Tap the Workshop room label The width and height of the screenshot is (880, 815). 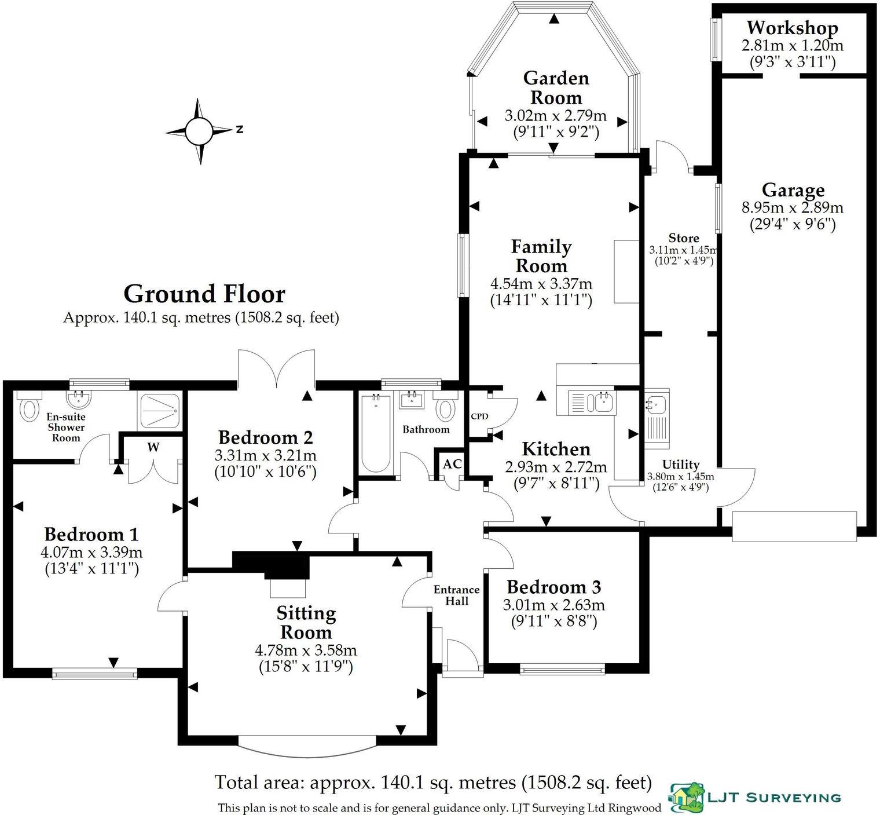click(x=792, y=28)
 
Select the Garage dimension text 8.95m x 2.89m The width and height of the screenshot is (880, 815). click(x=792, y=207)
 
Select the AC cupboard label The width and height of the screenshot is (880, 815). click(x=452, y=464)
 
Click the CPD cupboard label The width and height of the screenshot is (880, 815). click(x=479, y=416)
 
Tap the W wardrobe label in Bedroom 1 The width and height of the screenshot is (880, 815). click(x=153, y=447)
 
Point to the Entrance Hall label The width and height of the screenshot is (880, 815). click(x=457, y=595)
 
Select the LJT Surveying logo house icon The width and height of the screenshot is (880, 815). click(x=688, y=796)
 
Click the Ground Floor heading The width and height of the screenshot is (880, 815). click(x=204, y=294)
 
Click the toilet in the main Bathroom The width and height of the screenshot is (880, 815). click(x=445, y=409)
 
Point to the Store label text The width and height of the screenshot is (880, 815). click(x=684, y=238)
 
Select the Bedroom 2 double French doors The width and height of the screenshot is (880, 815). click(x=276, y=369)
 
